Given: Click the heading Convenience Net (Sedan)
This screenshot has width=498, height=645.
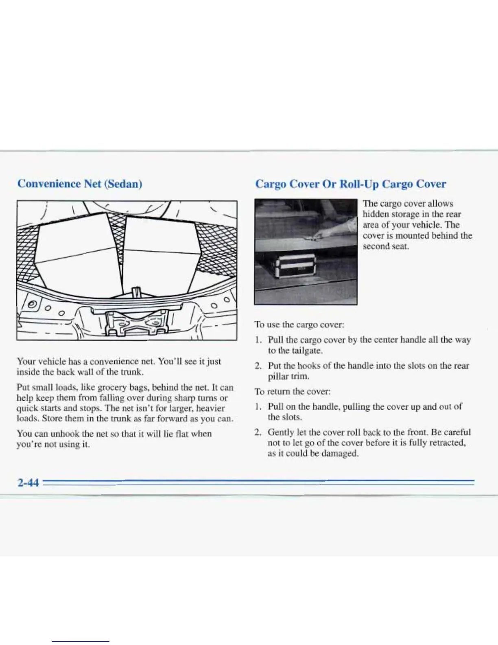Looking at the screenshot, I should [x=80, y=184].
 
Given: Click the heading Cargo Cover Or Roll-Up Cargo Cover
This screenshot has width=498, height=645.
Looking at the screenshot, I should [x=351, y=184].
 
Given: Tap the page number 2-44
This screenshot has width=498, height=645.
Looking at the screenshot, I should [x=28, y=483].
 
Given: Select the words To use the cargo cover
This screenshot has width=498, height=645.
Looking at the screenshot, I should [x=299, y=325].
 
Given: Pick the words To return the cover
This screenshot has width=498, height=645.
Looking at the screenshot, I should [x=293, y=391].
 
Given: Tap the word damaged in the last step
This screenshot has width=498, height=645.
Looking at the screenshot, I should [x=339, y=453].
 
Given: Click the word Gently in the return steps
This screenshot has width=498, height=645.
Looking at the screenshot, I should [x=280, y=432].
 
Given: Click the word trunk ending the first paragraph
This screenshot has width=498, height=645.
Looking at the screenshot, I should [x=131, y=372].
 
